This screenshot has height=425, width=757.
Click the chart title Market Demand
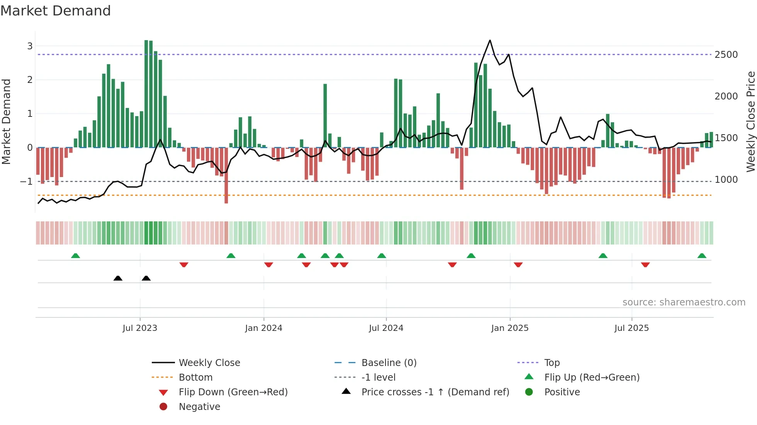coord(56,11)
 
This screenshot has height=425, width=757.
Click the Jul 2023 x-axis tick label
coord(140,328)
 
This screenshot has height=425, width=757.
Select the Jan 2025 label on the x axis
coord(510,328)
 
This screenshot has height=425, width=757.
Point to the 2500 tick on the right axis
coord(726,55)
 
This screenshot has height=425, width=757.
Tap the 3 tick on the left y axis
coord(30,46)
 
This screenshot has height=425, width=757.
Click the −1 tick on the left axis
coord(27,182)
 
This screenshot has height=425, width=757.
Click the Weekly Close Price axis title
coord(750,121)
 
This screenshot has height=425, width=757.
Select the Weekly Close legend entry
coord(209,363)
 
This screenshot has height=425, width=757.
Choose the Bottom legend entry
coord(195,378)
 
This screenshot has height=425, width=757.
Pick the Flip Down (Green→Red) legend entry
coord(233,392)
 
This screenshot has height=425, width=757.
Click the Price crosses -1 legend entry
coord(435,392)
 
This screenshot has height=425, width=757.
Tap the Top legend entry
coord(552,363)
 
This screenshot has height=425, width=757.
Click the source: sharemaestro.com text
coord(684,302)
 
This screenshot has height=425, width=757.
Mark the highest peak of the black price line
coord(490,40)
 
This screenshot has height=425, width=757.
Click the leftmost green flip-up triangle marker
coord(76,256)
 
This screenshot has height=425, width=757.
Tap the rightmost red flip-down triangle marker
coord(645,265)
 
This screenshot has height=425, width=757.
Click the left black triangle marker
coord(118,278)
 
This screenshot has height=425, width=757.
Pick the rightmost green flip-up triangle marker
coord(702,256)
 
